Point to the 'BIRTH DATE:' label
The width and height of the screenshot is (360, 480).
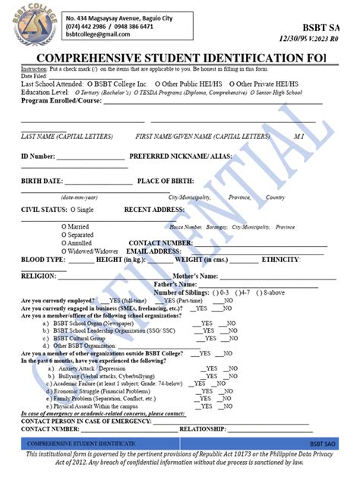[x=42, y=182]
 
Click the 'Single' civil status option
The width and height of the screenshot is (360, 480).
[x=81, y=208]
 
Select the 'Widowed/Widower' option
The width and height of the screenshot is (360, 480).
[x=90, y=251]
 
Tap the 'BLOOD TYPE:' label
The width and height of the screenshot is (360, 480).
[x=43, y=260]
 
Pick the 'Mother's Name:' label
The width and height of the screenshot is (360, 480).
[x=197, y=276]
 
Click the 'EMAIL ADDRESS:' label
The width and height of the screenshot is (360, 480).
[x=153, y=251]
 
